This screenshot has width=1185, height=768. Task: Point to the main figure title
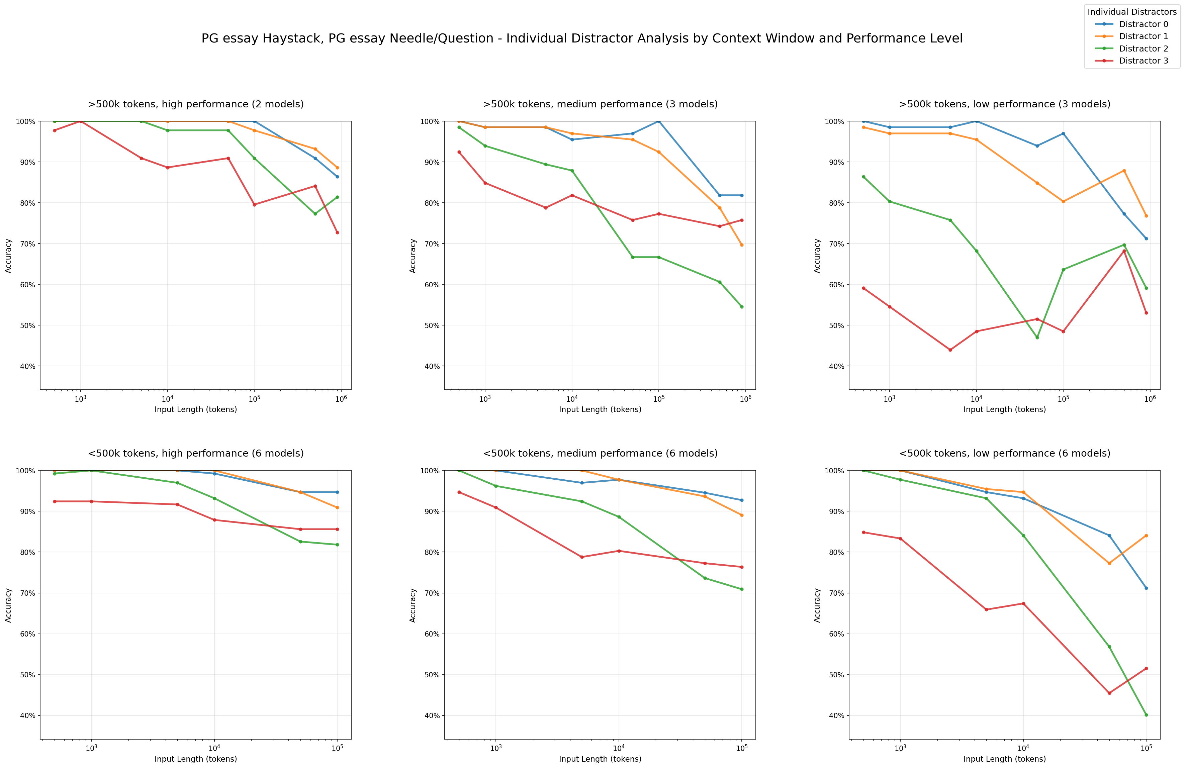click(x=581, y=38)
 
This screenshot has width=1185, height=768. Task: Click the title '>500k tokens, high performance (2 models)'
click(x=196, y=104)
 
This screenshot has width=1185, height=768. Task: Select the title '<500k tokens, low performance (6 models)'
click(x=1004, y=454)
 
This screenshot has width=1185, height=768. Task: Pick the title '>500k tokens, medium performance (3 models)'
click(x=600, y=104)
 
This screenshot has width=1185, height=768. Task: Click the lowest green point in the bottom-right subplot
click(x=1146, y=715)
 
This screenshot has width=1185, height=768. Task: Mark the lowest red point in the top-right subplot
click(x=950, y=350)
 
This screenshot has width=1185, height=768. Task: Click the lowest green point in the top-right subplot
click(x=1037, y=338)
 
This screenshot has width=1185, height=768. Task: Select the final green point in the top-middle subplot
click(x=742, y=307)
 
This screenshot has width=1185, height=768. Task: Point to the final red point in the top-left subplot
click(x=337, y=232)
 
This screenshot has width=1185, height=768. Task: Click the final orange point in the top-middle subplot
click(x=742, y=245)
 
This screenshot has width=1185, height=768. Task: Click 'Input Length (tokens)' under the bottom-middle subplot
click(x=600, y=759)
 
